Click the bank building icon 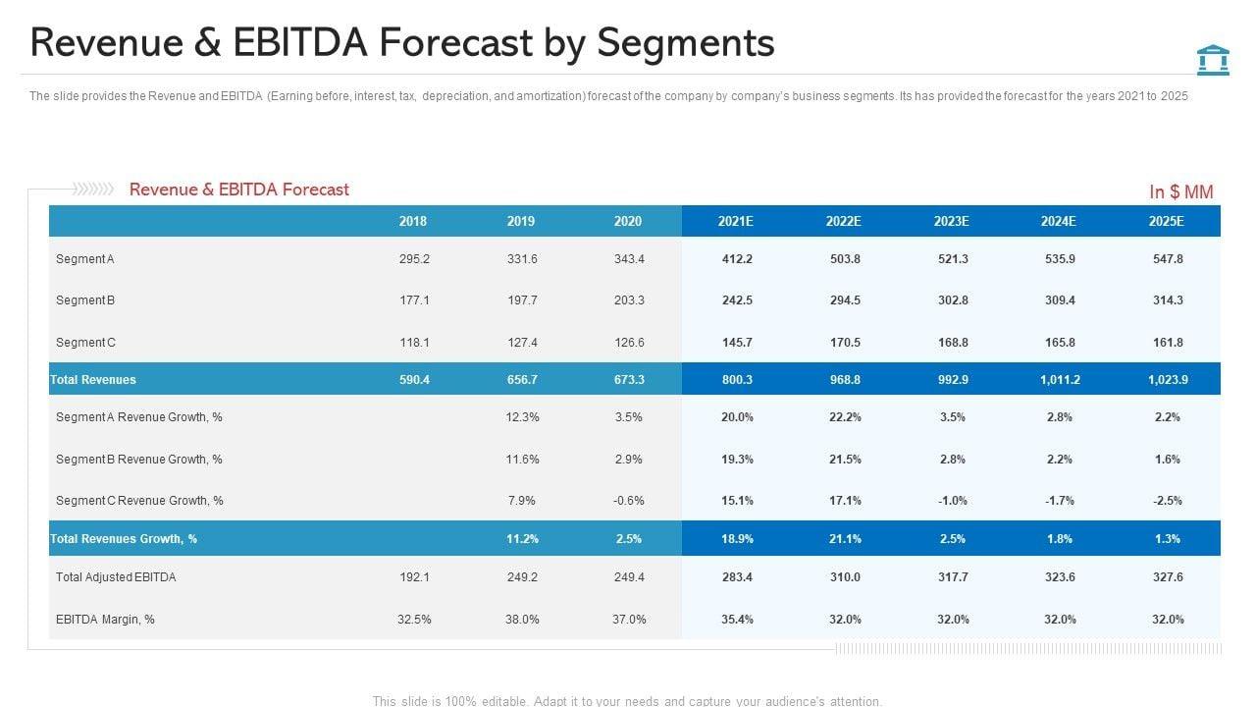[x=1213, y=59]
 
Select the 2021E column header [x=735, y=221]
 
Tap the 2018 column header [x=413, y=221]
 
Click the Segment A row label [x=85, y=259]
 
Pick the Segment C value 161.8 [x=1168, y=343]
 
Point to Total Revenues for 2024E [x=1060, y=379]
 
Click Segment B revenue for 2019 [x=521, y=300]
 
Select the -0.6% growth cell [x=628, y=501]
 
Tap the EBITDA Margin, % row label [x=105, y=620]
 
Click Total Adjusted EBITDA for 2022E [x=845, y=577]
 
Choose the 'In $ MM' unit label [x=1181, y=192]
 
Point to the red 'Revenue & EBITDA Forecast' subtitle [x=238, y=190]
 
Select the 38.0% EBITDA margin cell [x=521, y=620]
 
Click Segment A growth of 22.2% [x=845, y=417]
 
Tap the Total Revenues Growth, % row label [x=124, y=539]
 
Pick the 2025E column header [x=1167, y=221]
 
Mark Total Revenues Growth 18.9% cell [x=737, y=539]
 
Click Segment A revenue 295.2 [x=414, y=259]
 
